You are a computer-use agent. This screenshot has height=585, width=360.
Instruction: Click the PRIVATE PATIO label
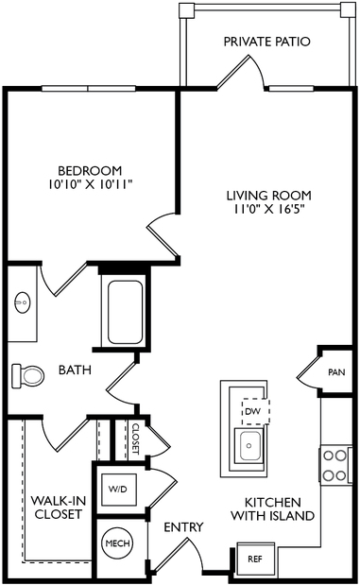point(266,42)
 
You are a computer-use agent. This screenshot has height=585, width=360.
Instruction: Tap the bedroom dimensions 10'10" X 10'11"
point(91,184)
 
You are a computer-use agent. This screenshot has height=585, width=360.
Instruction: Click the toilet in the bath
point(28,376)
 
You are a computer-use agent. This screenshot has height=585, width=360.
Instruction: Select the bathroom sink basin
point(22,301)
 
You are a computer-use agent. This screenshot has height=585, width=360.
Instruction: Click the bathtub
point(125,312)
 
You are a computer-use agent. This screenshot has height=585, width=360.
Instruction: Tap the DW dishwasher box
point(255,411)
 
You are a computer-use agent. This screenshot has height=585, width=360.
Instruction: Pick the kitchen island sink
point(249,445)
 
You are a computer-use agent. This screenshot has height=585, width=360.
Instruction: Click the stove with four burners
point(335,465)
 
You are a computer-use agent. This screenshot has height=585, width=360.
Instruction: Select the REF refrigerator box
point(256,559)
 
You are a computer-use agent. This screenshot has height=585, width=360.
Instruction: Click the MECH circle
point(117,543)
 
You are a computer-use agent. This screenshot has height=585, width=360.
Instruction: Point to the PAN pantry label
point(336,372)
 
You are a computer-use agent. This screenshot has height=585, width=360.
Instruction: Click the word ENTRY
point(184,527)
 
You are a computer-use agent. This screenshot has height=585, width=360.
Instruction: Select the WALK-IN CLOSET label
point(59,508)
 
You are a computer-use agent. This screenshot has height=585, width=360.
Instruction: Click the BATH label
point(75,370)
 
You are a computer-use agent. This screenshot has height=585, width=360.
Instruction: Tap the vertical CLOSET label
point(136,439)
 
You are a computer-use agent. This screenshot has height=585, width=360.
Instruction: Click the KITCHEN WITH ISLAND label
point(273,508)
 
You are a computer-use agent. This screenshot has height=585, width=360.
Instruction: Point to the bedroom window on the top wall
point(88,89)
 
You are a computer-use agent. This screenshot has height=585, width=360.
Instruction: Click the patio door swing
point(242,73)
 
